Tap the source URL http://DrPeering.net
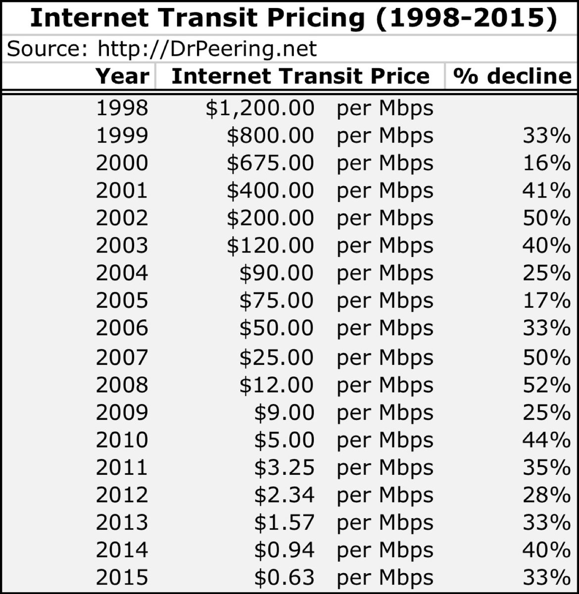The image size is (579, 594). [207, 49]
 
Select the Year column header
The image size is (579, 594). [122, 76]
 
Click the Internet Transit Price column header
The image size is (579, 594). [300, 76]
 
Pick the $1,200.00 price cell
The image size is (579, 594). [260, 108]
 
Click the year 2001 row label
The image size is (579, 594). [122, 191]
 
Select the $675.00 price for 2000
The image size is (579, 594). [270, 163]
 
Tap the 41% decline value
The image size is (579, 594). [546, 191]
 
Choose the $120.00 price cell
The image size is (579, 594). [270, 246]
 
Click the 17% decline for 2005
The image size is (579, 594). [546, 300]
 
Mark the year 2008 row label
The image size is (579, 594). [122, 385]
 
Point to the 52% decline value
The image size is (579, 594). [546, 385]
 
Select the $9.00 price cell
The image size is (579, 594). [284, 412]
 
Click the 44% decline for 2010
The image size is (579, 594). [546, 440]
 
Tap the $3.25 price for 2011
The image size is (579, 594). [284, 467]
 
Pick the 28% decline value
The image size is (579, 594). [546, 495]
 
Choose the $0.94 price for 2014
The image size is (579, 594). [284, 550]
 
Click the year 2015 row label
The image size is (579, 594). [122, 577]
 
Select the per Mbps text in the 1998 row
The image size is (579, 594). [385, 108]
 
